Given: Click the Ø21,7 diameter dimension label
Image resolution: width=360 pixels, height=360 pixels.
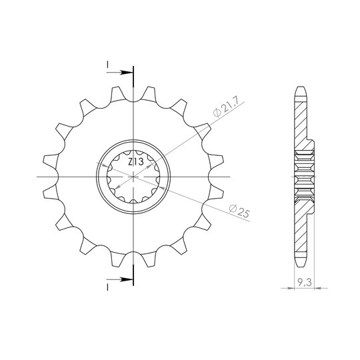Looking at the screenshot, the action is (227, 106).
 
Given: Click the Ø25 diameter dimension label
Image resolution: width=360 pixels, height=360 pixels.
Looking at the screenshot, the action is (239, 211).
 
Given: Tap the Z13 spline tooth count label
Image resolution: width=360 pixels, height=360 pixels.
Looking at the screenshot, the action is (136, 162).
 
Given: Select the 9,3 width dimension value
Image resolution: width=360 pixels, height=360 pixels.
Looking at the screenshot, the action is (304, 283).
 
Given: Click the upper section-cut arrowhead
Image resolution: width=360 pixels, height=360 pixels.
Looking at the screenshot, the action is (127, 73).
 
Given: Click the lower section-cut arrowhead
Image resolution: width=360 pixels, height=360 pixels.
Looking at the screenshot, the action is (127, 279).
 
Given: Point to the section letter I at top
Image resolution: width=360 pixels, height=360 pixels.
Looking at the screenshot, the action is (107, 65).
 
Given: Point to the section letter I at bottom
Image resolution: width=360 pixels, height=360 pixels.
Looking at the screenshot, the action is (107, 287).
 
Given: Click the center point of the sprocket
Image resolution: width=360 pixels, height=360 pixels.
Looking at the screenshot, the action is (133, 177).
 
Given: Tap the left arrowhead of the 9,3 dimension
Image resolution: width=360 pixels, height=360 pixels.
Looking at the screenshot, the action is (291, 288).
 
